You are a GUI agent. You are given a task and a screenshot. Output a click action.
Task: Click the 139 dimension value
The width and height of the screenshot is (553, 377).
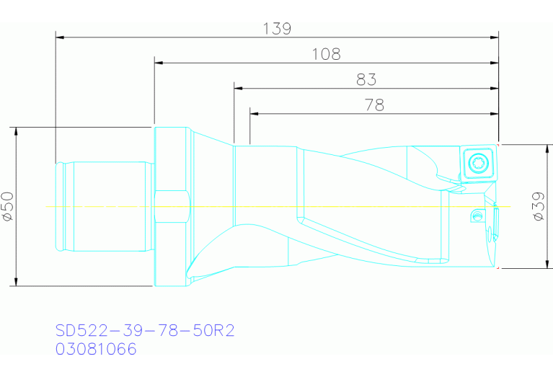(277, 29)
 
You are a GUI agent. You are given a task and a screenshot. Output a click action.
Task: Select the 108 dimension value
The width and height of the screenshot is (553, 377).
(326, 55)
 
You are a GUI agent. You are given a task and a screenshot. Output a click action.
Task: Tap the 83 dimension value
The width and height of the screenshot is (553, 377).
(366, 80)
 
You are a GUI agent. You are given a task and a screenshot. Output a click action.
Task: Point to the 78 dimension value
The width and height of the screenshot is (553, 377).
(374, 105)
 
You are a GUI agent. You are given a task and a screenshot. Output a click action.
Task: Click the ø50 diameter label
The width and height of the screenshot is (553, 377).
(7, 207)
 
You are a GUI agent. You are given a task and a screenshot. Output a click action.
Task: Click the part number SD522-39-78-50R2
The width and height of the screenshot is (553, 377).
(145, 331)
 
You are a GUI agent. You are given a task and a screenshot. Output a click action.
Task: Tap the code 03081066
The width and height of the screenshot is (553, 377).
(96, 350)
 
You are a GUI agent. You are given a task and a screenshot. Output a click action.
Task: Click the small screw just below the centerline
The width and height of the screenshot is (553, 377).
(475, 215)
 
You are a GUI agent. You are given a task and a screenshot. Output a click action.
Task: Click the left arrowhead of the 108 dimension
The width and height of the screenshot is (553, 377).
(157, 63)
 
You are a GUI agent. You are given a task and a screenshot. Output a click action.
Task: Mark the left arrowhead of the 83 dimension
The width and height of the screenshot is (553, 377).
(237, 88)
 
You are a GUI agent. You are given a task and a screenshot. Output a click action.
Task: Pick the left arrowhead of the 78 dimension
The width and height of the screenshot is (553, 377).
(253, 113)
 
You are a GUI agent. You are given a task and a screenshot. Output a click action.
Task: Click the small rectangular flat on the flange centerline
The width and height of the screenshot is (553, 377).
(171, 207)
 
